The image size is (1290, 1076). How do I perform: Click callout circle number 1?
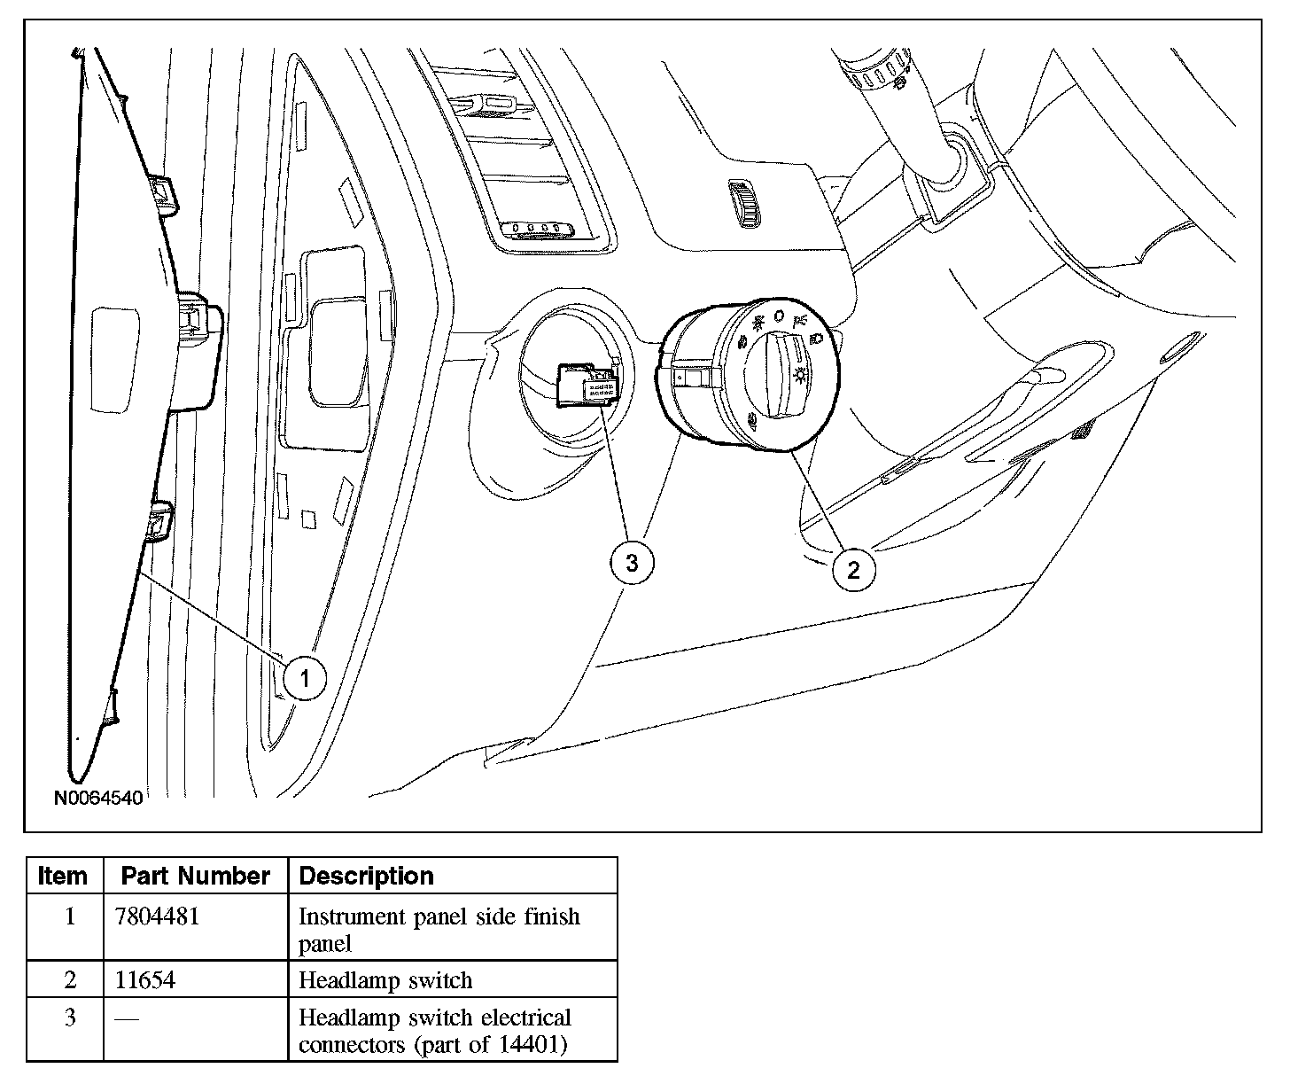(305, 679)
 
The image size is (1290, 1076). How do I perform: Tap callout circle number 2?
(853, 569)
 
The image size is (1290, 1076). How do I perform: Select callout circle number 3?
(632, 562)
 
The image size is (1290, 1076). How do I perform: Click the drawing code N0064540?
(98, 797)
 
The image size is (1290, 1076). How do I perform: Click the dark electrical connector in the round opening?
(585, 386)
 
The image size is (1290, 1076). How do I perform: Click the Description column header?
(367, 876)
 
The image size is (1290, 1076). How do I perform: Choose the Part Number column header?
(195, 876)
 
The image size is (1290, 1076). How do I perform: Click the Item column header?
(63, 876)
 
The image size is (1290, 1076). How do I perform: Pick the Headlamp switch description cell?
(385, 979)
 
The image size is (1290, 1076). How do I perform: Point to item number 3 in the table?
(70, 1017)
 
